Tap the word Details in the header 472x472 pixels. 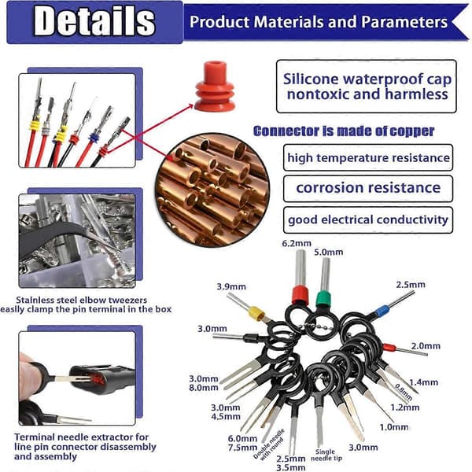click(x=94, y=21)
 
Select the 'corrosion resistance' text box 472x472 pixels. click(x=368, y=189)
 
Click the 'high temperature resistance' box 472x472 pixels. click(x=368, y=157)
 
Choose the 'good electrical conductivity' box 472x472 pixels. click(x=368, y=219)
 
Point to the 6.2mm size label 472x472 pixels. click(x=297, y=244)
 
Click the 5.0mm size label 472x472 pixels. click(x=329, y=252)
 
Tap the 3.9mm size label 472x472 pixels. click(x=231, y=286)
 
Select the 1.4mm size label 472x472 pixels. click(x=423, y=382)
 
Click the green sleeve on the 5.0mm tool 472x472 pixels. click(x=323, y=299)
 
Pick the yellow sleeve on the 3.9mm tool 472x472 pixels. click(x=256, y=313)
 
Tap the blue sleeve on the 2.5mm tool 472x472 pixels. click(x=382, y=311)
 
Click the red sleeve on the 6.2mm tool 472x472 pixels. click(x=301, y=296)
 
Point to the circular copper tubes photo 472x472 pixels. click(x=212, y=190)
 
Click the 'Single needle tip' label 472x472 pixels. click(x=326, y=455)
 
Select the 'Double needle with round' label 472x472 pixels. click(x=269, y=444)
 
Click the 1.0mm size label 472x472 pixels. click(x=394, y=427)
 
